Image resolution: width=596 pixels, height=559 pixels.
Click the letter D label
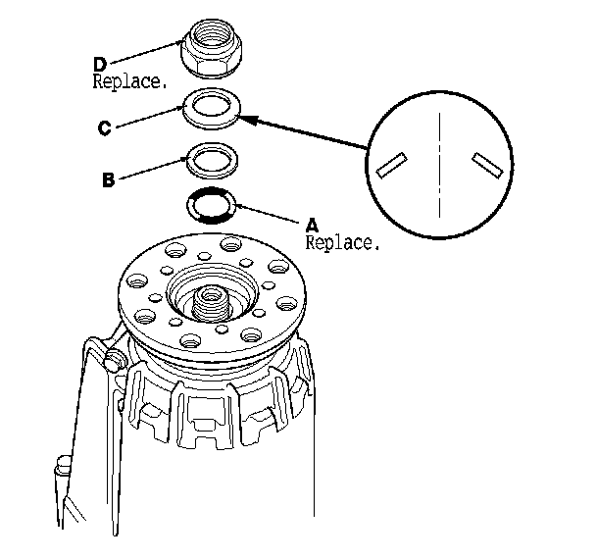point(99,64)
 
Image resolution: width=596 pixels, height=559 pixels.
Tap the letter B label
point(110,179)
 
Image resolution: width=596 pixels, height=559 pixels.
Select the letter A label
point(313,225)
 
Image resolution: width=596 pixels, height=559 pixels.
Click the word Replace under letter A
point(342,241)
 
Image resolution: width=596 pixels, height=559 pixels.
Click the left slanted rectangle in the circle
point(391,166)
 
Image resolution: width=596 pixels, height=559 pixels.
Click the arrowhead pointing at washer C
point(247,119)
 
